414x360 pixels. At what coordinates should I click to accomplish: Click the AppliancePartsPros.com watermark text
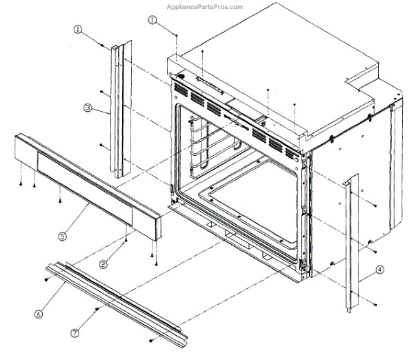(205, 7)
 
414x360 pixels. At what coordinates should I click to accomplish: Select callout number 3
(88, 108)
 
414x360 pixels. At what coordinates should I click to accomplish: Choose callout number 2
(103, 263)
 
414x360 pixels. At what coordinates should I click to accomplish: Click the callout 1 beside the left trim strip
(78, 30)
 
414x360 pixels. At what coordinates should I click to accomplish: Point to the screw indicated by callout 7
(99, 310)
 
